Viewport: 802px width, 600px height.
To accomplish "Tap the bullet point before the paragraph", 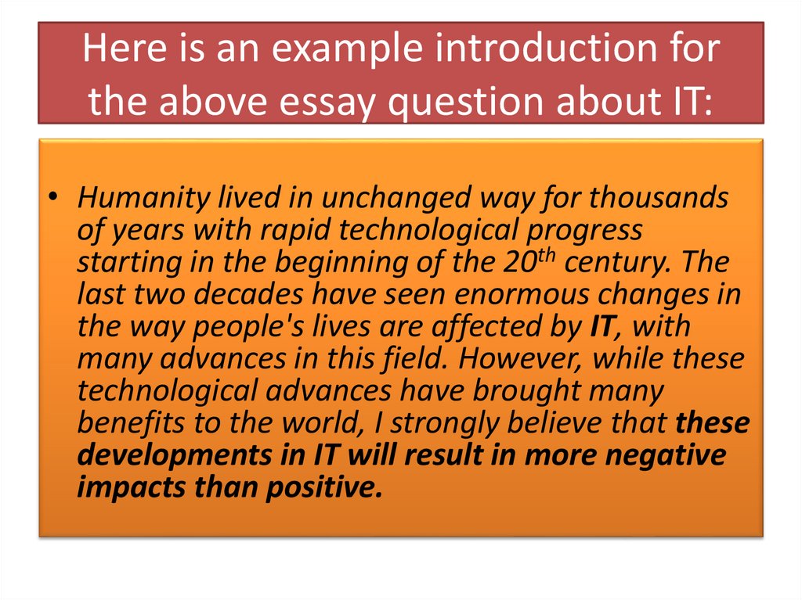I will pos(52,199).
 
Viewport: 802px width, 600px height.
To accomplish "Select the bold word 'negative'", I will pos(665,455).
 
